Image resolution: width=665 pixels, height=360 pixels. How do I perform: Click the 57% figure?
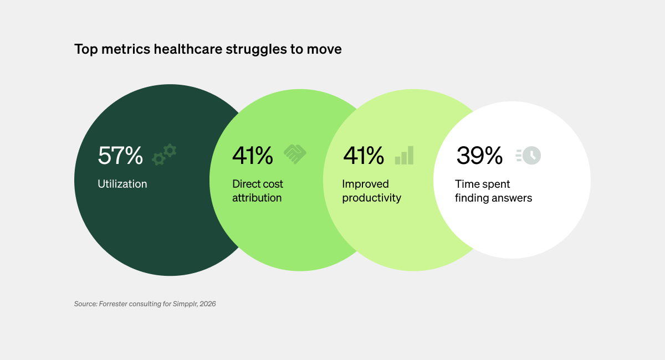pyautogui.click(x=120, y=155)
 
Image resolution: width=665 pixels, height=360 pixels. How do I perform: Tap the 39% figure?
pyautogui.click(x=479, y=155)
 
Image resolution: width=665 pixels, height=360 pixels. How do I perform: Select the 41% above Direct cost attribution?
pyautogui.click(x=252, y=155)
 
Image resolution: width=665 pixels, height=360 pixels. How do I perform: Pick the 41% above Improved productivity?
pyautogui.click(x=364, y=155)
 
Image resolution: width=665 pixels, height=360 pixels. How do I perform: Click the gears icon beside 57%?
pyautogui.click(x=164, y=155)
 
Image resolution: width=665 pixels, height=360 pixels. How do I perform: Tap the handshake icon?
pyautogui.click(x=295, y=154)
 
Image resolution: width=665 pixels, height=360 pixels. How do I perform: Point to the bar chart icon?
pyautogui.click(x=404, y=155)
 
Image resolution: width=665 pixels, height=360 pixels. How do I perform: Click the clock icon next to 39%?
pyautogui.click(x=529, y=156)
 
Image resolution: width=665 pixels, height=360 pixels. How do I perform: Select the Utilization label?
pyautogui.click(x=122, y=184)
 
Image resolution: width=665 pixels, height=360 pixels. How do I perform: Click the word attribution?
pyautogui.click(x=257, y=198)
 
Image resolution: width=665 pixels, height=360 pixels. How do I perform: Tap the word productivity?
pyautogui.click(x=371, y=198)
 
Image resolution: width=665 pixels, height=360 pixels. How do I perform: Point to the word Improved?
pyautogui.click(x=365, y=184)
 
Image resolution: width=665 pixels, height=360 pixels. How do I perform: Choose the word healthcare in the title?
pyautogui.click(x=188, y=49)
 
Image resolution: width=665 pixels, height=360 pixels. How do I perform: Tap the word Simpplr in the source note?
pyautogui.click(x=185, y=304)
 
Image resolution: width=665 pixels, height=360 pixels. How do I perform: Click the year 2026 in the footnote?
pyautogui.click(x=207, y=304)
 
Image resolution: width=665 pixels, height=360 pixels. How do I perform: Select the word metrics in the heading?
pyautogui.click(x=126, y=49)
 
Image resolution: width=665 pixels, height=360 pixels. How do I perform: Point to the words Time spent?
pyautogui.click(x=483, y=184)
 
